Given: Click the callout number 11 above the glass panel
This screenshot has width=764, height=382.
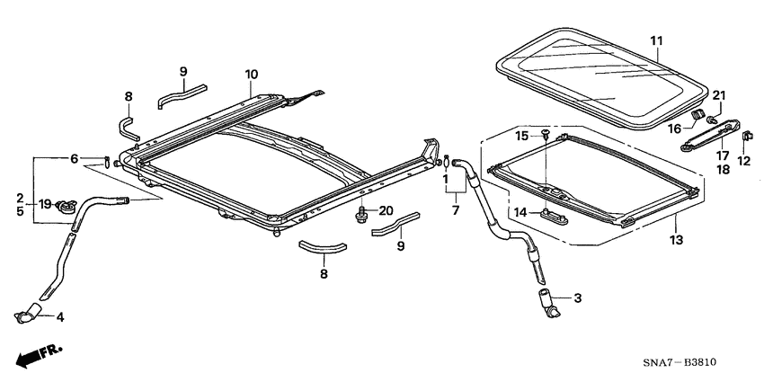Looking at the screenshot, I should click(x=655, y=41).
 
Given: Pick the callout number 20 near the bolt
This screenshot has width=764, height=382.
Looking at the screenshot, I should click(x=386, y=210).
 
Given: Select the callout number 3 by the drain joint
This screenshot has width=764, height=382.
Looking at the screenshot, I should click(x=577, y=298).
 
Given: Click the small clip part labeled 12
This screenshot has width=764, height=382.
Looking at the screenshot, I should click(x=746, y=137).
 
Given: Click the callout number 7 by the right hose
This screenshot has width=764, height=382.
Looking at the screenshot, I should click(x=456, y=210).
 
